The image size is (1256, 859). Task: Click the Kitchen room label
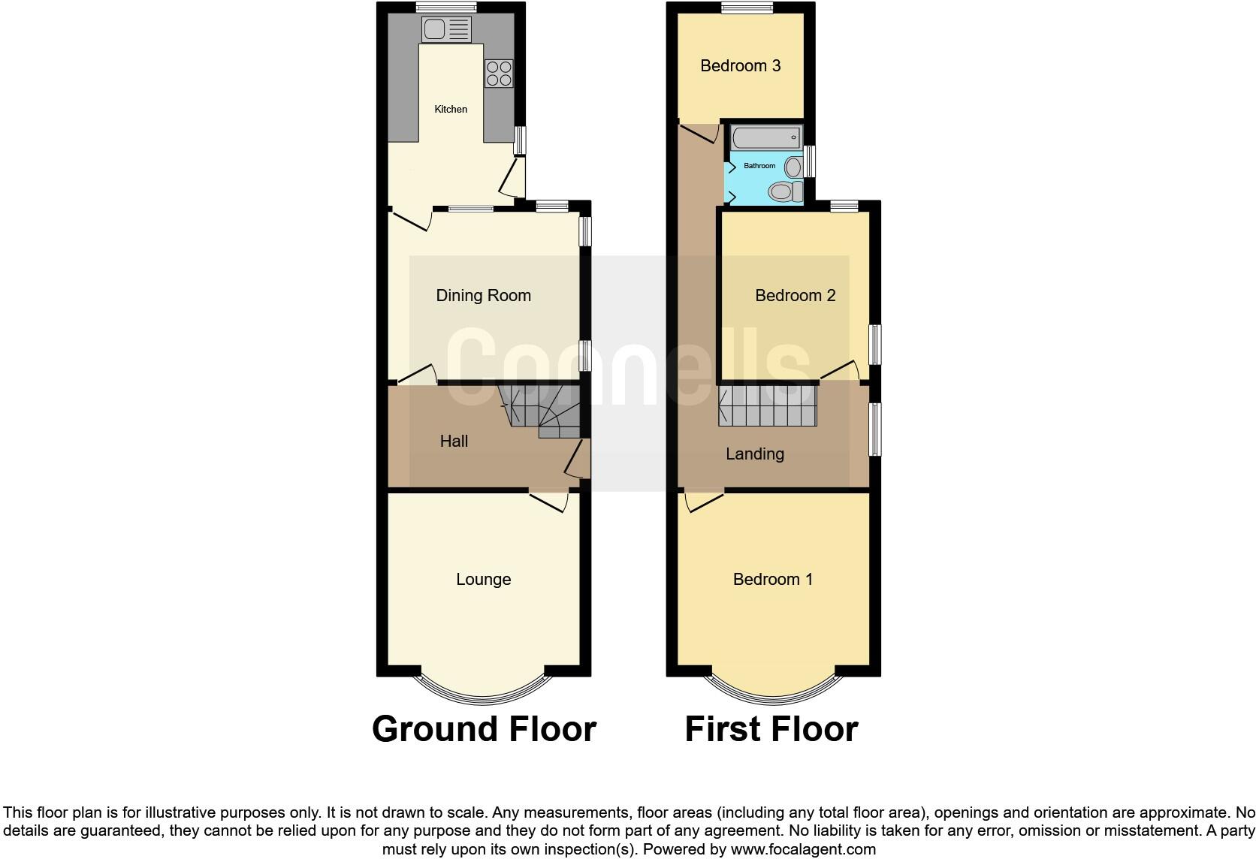(x=451, y=110)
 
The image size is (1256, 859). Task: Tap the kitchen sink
(x=446, y=30)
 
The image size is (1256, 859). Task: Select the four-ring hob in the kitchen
(x=499, y=74)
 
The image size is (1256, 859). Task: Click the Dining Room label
(x=483, y=296)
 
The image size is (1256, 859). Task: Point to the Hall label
(x=454, y=442)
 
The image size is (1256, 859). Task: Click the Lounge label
(x=483, y=580)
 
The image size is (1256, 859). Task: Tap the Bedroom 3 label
(x=740, y=66)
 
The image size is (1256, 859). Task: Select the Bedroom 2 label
(x=795, y=296)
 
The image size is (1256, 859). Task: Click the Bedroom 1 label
(x=772, y=580)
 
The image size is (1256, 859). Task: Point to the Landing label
(x=754, y=454)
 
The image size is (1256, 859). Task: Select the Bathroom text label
(x=759, y=166)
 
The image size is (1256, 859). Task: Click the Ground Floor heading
(x=484, y=729)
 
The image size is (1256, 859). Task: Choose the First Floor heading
(x=771, y=729)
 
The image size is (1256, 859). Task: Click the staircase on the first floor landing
(x=766, y=406)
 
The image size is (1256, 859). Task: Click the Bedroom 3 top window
(x=747, y=8)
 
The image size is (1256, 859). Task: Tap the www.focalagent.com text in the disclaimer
(x=803, y=850)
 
